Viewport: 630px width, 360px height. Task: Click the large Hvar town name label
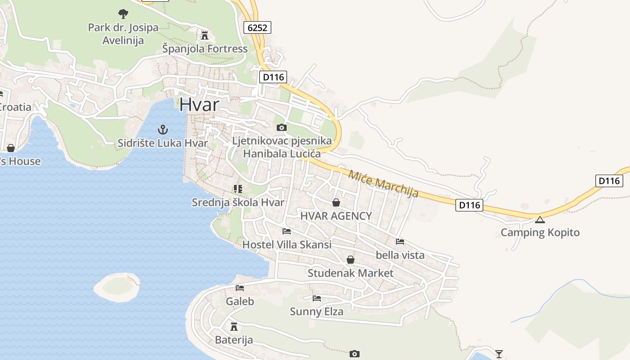click(199, 105)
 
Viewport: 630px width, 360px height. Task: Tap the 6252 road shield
click(258, 27)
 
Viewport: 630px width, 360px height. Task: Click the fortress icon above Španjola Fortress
click(205, 35)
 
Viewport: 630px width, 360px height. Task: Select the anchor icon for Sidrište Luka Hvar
click(162, 130)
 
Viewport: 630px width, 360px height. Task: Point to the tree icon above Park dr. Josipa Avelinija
click(123, 14)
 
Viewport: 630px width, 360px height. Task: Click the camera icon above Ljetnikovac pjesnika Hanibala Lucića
click(282, 128)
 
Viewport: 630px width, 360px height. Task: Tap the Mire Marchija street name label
click(383, 184)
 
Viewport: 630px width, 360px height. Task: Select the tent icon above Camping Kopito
click(540, 220)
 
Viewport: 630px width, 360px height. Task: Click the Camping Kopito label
click(540, 233)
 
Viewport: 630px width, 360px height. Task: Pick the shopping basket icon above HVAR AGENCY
click(336, 202)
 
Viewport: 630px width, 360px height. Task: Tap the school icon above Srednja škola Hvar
click(238, 189)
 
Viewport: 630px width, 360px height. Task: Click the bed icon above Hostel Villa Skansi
click(286, 231)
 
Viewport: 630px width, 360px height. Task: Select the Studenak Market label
click(350, 273)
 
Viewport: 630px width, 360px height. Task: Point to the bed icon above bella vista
click(400, 242)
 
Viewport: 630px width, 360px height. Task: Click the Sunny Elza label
click(316, 311)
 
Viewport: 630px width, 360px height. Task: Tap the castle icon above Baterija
click(234, 326)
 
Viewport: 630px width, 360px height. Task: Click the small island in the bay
click(117, 286)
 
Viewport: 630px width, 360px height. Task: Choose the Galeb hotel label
click(240, 301)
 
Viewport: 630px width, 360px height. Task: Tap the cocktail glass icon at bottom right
click(499, 354)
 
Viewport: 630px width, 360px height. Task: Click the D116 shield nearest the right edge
click(609, 181)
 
